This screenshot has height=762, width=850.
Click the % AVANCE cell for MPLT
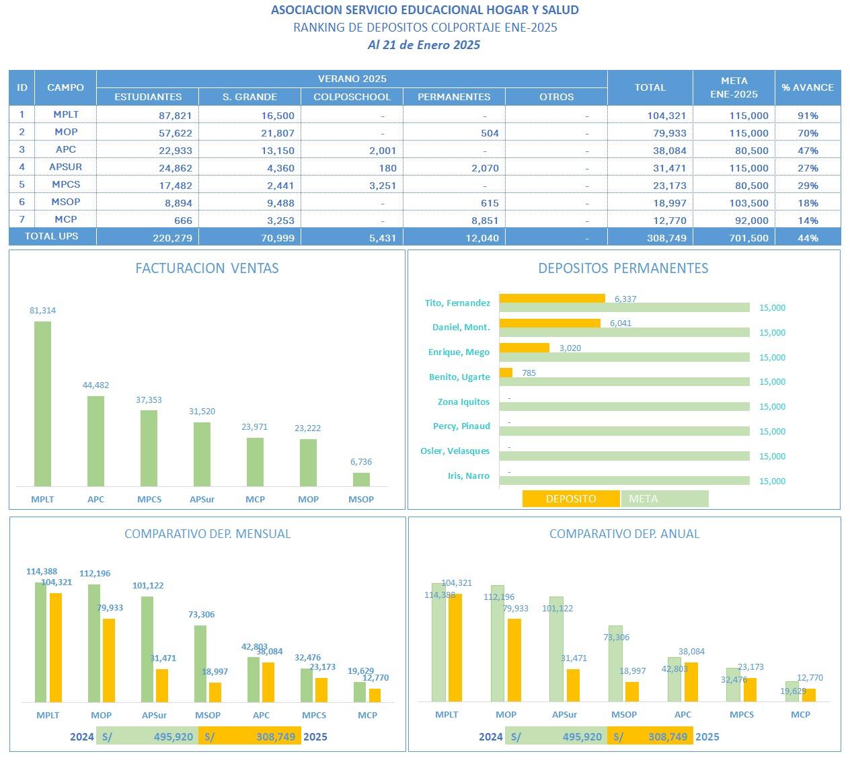[807, 116]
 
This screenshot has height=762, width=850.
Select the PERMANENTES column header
[454, 97]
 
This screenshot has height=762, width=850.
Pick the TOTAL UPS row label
[52, 236]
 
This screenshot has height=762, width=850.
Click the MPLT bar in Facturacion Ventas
[42, 404]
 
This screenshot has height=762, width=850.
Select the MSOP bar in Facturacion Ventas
[361, 479]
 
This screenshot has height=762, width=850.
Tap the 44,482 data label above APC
[95, 385]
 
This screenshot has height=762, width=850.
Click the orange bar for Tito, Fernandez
[552, 299]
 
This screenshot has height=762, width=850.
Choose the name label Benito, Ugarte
[459, 377]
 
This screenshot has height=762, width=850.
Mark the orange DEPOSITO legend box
[571, 499]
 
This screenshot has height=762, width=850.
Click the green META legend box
[664, 499]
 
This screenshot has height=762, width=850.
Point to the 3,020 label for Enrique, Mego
[570, 348]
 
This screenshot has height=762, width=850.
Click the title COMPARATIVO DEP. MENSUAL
[207, 534]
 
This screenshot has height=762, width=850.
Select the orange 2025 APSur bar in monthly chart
[162, 685]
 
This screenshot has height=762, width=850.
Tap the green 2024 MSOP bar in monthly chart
[200, 664]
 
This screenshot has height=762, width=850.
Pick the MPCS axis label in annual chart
[742, 715]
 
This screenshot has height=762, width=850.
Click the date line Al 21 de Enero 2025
[424, 45]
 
